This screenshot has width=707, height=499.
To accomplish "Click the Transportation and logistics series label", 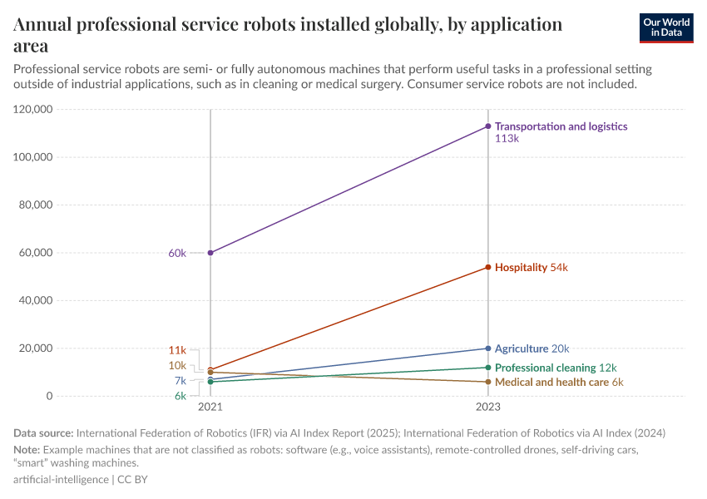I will pyautogui.click(x=561, y=126).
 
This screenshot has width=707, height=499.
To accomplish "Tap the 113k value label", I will pyautogui.click(x=507, y=139).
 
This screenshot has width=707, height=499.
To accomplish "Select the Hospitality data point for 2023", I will pyautogui.click(x=488, y=267).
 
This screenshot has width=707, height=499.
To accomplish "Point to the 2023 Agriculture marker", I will pyautogui.click(x=488, y=348).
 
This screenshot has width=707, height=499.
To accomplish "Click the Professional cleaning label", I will pyautogui.click(x=545, y=368).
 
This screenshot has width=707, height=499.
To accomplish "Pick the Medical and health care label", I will pyautogui.click(x=551, y=383).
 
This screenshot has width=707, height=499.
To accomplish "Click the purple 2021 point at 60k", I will pyautogui.click(x=210, y=252).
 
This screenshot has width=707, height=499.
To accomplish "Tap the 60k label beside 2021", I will pyautogui.click(x=177, y=253).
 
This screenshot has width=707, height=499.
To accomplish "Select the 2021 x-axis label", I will pyautogui.click(x=210, y=408).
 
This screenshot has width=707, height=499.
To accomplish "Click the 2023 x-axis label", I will pyautogui.click(x=488, y=408).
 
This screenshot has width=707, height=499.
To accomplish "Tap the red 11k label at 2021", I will pyautogui.click(x=177, y=350).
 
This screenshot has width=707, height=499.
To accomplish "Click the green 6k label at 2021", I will pyautogui.click(x=180, y=396).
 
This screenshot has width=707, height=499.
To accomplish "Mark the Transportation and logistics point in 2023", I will pyautogui.click(x=488, y=126).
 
